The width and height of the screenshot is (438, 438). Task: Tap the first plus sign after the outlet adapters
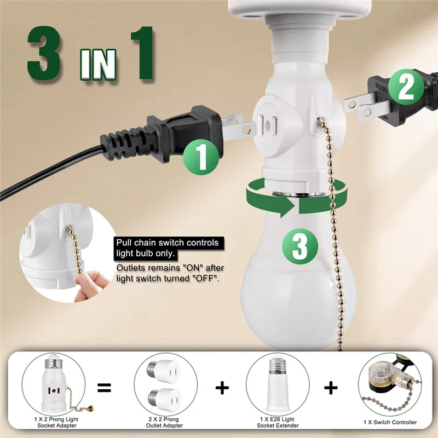[x=222, y=388]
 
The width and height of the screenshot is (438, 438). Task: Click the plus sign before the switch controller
[x=331, y=388]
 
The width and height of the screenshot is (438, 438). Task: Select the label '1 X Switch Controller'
[x=389, y=422]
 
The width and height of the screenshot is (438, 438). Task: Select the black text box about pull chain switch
[x=169, y=247]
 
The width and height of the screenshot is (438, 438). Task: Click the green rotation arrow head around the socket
[x=287, y=207]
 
